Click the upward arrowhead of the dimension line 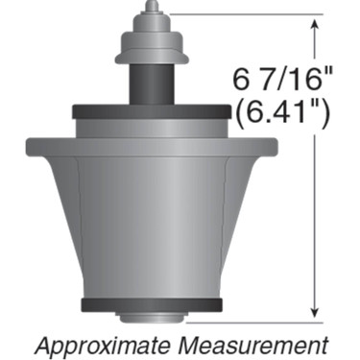pyautogui.click(x=314, y=23)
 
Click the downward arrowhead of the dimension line pyautogui.click(x=314, y=311)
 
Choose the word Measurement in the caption pyautogui.click(x=256, y=342)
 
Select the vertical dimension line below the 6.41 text pyautogui.click(x=314, y=221)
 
